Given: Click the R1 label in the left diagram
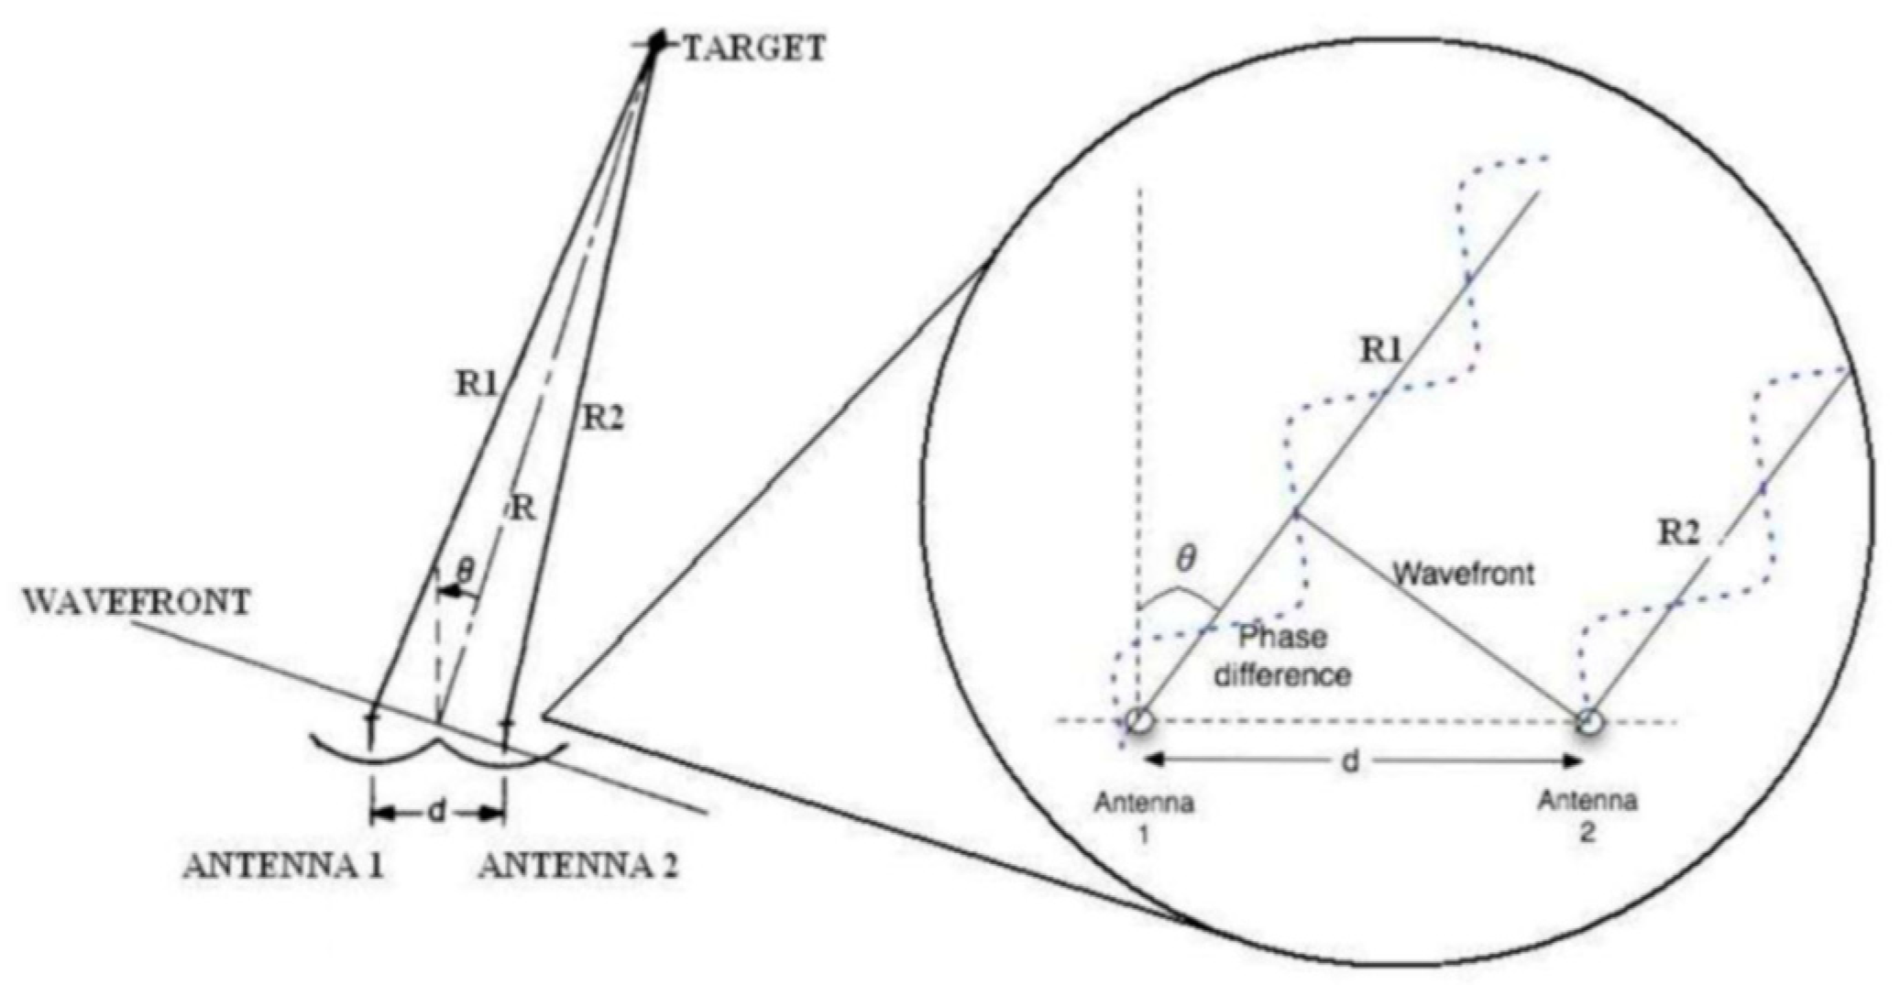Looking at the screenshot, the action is [476, 385].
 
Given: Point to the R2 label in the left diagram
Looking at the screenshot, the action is [604, 419].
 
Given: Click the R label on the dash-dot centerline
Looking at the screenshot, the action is [522, 507].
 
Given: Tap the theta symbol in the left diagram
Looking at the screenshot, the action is [465, 572].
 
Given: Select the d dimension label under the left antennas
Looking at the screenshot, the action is [438, 812].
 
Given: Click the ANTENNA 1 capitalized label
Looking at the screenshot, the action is [283, 866].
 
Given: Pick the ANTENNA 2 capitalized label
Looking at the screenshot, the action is [578, 866].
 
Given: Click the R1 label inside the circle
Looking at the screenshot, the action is [1381, 349].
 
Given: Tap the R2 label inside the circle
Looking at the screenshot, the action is [1679, 532].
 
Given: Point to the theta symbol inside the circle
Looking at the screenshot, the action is [1185, 559].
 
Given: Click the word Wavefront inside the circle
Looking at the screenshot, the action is [1464, 574].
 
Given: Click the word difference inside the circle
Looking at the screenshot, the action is [1281, 675].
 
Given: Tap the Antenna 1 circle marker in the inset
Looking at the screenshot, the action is [1138, 721].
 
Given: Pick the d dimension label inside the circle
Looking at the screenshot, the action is [1350, 761].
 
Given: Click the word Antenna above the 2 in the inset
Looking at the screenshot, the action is [1587, 802].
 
